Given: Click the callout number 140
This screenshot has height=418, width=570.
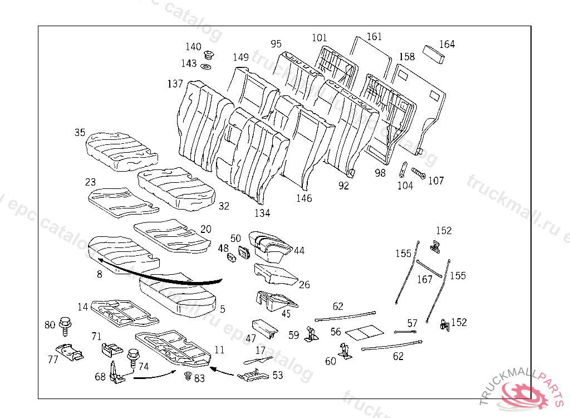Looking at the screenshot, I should coord(193,47).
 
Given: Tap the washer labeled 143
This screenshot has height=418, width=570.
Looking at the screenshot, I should coord(206,67).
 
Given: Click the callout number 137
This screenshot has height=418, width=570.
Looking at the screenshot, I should coord(175,84).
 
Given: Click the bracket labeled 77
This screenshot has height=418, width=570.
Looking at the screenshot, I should coord(71,353).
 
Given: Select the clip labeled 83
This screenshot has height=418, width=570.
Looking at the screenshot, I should coord(188,377).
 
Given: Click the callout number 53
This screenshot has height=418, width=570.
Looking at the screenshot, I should coord(277,375).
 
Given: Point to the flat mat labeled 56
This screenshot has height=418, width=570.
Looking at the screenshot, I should coord(364,333).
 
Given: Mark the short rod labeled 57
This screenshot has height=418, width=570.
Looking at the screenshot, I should coord(406,332).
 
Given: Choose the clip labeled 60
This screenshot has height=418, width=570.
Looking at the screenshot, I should coord(345,352).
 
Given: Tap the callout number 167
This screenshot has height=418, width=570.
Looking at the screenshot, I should coord(425,279).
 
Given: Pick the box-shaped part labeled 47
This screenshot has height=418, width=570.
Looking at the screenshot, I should coord(264,329).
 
